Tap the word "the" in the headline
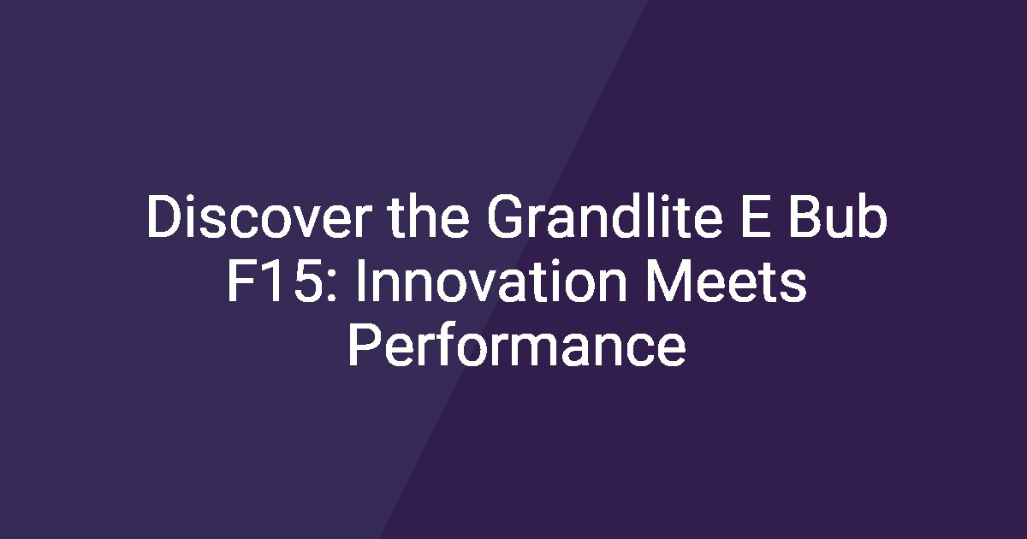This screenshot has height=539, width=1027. pos(429,216)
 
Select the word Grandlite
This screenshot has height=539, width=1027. pos(604,216)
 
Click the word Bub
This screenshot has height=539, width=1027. pos(838,216)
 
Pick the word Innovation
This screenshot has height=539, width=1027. pos(491,281)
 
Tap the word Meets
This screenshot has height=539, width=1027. pos(726,281)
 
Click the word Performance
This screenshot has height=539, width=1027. pos(517,345)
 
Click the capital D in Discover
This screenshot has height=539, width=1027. pos(163,216)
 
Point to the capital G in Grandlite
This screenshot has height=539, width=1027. pos(504,216)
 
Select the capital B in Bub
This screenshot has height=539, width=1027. pos(804,216)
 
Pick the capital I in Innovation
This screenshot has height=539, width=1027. pos(361,281)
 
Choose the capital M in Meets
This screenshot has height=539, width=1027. pos(668,281)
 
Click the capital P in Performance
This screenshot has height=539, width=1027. pos(365,345)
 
